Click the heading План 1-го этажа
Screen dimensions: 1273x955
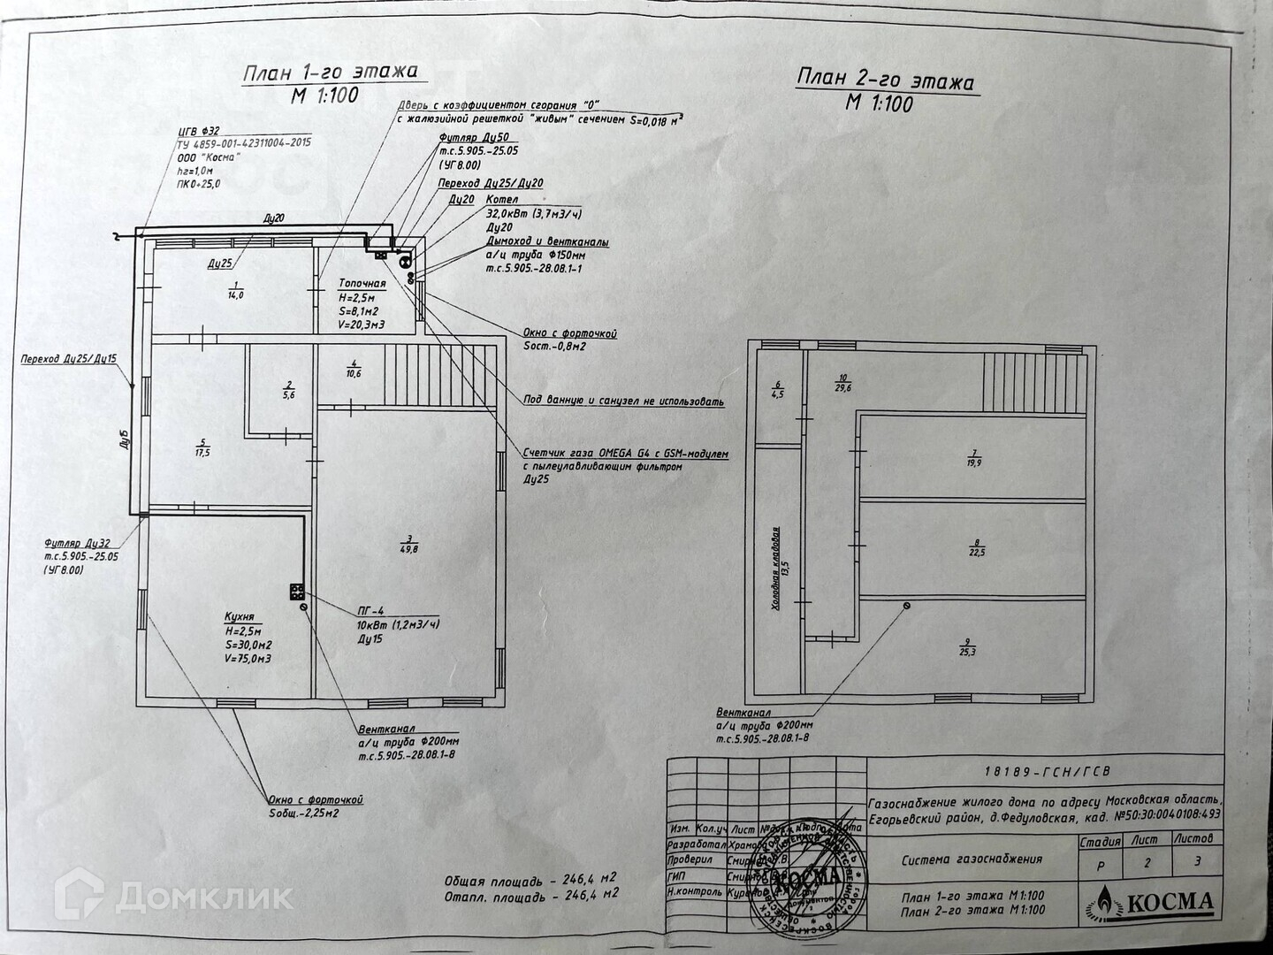pyautogui.click(x=329, y=73)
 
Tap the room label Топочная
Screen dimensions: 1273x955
pyautogui.click(x=362, y=284)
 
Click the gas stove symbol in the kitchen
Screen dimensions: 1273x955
pyautogui.click(x=296, y=592)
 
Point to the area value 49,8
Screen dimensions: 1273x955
pyautogui.click(x=407, y=549)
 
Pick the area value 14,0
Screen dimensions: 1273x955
pyautogui.click(x=235, y=294)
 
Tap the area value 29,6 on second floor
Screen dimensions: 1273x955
pyautogui.click(x=842, y=386)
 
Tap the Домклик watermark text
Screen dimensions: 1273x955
pyautogui.click(x=204, y=898)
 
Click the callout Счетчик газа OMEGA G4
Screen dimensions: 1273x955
pyautogui.click(x=625, y=453)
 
